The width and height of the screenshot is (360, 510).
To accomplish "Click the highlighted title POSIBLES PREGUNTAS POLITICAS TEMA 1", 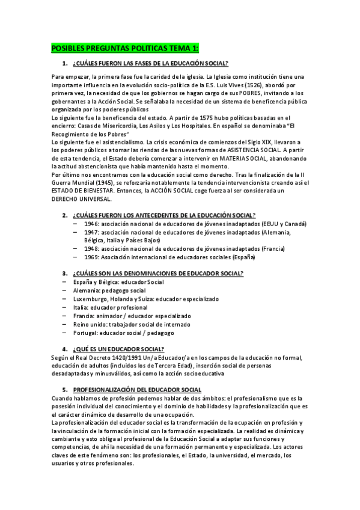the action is click(x=125, y=48).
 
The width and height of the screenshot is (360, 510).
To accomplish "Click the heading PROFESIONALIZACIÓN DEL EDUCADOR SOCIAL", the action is click(x=137, y=390).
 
